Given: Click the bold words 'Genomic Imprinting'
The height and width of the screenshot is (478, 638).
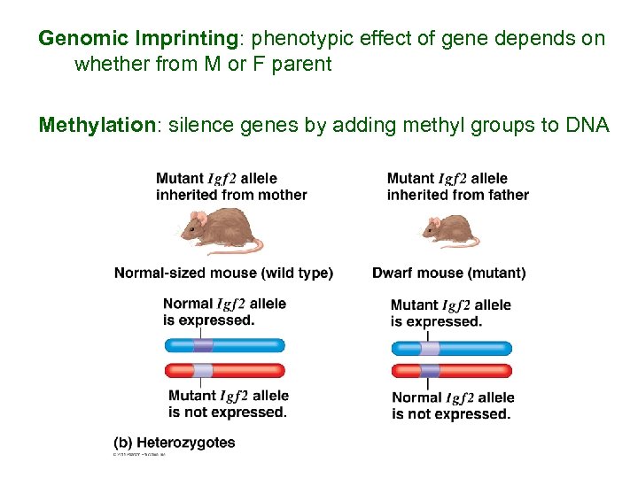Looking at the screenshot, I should click(x=137, y=39).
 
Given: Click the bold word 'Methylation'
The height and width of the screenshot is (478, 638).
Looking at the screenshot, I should click(x=97, y=125).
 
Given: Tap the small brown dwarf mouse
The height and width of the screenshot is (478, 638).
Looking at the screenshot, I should click(x=447, y=231).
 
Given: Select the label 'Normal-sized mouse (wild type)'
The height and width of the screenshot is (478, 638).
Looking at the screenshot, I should click(x=223, y=274).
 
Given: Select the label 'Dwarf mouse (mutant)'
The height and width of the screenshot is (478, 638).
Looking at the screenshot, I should click(x=448, y=274).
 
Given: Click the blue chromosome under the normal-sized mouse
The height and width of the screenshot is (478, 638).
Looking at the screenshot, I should click(x=224, y=345).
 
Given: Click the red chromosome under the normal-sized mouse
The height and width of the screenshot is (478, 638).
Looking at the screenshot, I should click(x=224, y=370).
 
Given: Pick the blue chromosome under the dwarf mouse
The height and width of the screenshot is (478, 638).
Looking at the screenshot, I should click(x=452, y=348).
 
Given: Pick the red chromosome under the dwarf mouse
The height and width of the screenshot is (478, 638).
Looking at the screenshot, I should click(x=452, y=371).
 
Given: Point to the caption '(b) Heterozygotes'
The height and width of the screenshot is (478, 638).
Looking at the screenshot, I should click(x=175, y=442).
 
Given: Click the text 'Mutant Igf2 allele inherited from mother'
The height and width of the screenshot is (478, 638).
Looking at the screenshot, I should click(x=231, y=187).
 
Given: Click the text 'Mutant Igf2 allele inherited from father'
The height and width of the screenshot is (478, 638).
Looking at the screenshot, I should click(x=457, y=187).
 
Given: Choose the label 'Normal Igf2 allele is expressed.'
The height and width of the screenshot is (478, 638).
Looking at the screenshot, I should click(x=224, y=312).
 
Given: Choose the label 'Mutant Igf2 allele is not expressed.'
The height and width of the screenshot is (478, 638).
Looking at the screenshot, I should click(x=229, y=404).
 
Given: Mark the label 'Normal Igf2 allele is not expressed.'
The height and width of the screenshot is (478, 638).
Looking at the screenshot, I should click(x=452, y=405).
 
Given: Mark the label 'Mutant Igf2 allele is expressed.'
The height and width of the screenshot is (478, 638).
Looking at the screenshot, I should click(x=450, y=313).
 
